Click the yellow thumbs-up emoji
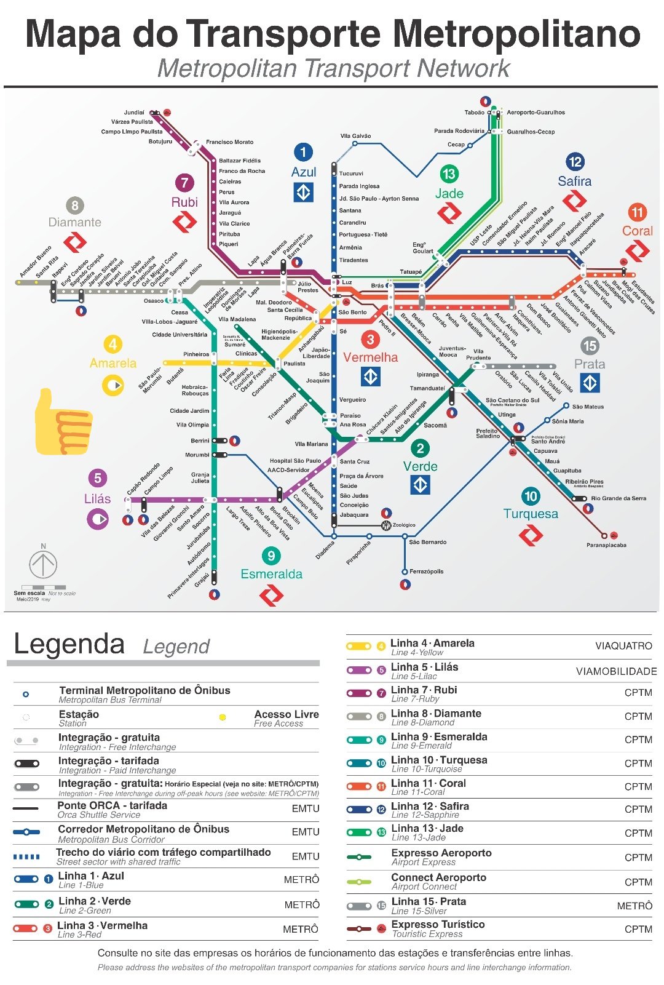click(x=63, y=423)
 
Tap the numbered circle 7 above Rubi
click(x=184, y=183)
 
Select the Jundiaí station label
click(x=134, y=113)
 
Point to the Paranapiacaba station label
click(x=606, y=545)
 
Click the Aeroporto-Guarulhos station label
click(x=536, y=113)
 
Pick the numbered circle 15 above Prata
click(x=590, y=346)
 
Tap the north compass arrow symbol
click(x=43, y=564)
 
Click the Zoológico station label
click(x=404, y=525)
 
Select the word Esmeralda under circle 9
click(x=271, y=574)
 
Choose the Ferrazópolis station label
click(x=426, y=572)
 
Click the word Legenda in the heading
click(x=69, y=644)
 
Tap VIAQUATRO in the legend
click(x=623, y=646)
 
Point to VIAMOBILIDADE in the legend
click(x=616, y=671)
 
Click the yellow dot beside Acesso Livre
click(x=223, y=717)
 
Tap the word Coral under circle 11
click(x=637, y=231)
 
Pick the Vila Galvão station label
click(x=355, y=136)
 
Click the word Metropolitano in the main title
click(x=516, y=34)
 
